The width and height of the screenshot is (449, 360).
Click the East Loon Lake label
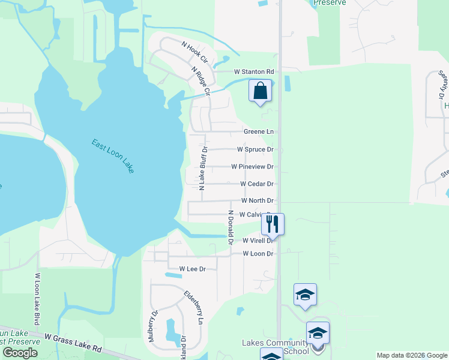[113, 157]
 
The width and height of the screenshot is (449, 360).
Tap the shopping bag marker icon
[261, 92]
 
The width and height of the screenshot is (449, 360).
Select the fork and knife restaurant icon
[273, 224]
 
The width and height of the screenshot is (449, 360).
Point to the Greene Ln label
[258, 131]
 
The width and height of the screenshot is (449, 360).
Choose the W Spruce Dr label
[255, 149]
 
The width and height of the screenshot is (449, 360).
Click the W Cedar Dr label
[256, 184]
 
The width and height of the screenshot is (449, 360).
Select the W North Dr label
[257, 200]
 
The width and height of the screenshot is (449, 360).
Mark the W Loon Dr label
[258, 254]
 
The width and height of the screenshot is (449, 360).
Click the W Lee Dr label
[187, 269]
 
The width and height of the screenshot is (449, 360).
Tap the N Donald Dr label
[230, 228]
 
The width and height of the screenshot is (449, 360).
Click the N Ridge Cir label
[200, 81]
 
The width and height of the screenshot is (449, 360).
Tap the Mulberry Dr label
[152, 326]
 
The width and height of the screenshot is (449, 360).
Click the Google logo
[20, 353]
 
